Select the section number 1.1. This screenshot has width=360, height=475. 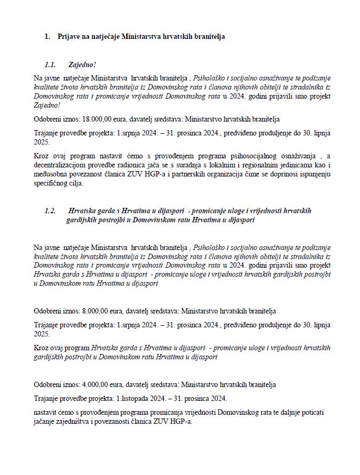51,65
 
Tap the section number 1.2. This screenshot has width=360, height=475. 51,211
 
